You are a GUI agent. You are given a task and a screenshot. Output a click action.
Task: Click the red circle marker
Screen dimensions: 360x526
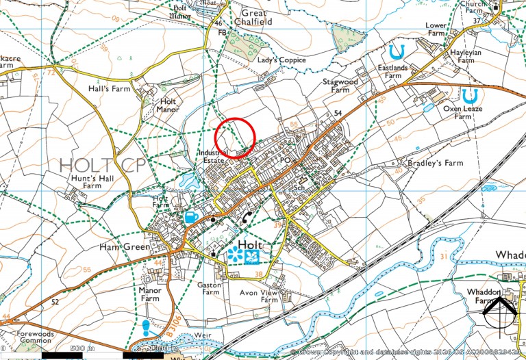236,138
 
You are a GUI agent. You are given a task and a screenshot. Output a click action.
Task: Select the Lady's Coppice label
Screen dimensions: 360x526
281,60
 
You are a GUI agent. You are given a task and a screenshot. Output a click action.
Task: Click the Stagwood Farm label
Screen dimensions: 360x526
340,86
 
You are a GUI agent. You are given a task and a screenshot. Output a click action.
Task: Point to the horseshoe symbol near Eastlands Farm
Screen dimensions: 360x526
395,52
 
